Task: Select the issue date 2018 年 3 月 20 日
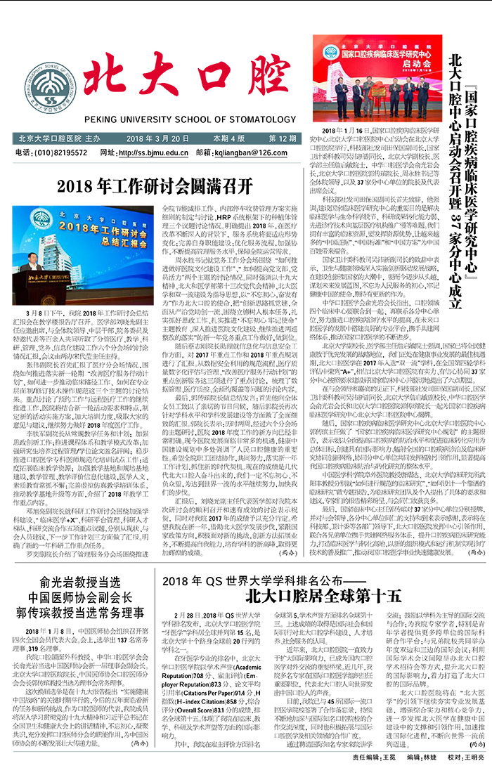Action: click(158, 138)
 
